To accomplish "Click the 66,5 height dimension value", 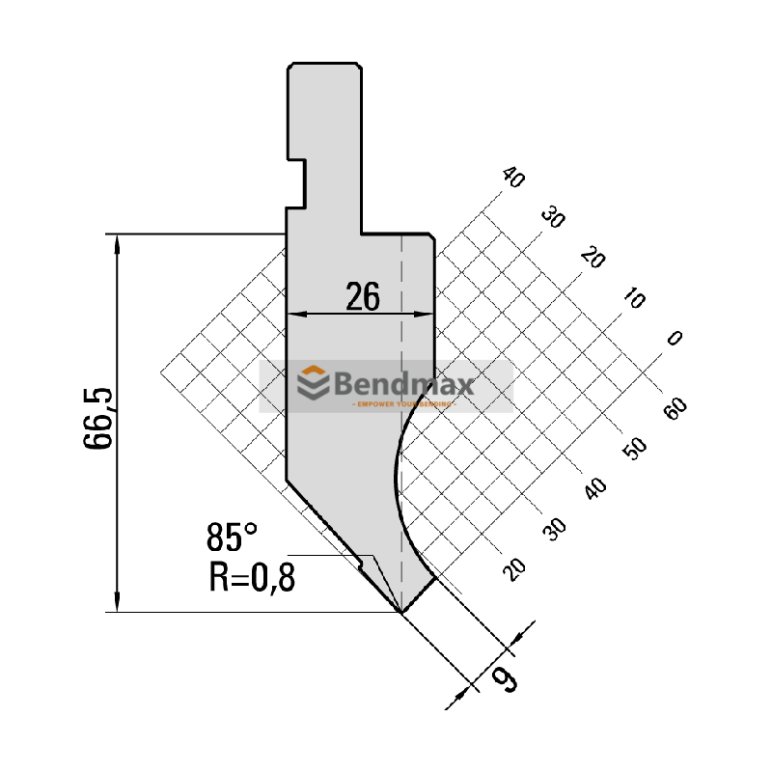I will pos(100,418).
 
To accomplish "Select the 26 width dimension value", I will pos(362,297).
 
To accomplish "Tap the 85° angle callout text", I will pos(232,537).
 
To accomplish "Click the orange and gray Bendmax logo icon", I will pos(312,383).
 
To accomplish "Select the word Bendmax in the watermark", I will pos(403,385).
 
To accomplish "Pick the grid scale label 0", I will pos(675,339).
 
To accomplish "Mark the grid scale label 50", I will pos(636,450).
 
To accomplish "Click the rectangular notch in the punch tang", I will pos(297,181).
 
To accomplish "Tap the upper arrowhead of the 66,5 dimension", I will pos(118,241).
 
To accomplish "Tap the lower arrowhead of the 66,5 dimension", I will pos(118,604).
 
